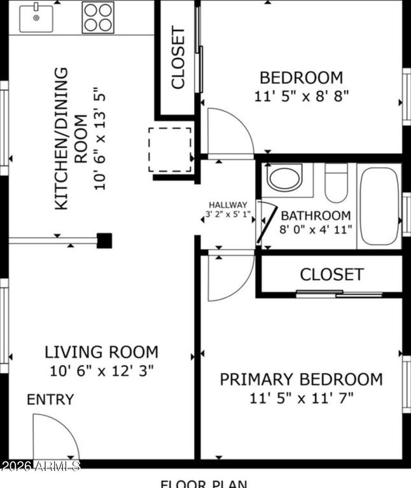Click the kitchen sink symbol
36,18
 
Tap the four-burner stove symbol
98,18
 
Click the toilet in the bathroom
336,182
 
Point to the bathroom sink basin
285,178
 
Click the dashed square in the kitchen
170,149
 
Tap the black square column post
104,241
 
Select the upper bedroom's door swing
229,132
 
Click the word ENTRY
50,400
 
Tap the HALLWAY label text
228,205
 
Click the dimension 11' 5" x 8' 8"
301,96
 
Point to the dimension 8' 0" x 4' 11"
316,229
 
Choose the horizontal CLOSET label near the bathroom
331,274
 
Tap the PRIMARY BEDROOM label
301,379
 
